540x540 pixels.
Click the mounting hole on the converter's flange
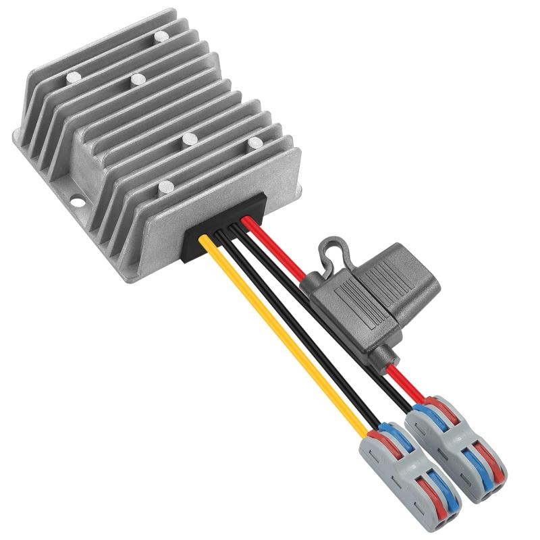point(75,200)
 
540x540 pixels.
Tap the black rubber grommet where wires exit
point(223,230)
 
